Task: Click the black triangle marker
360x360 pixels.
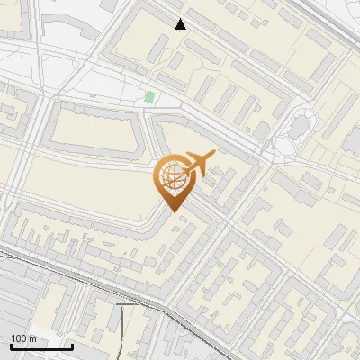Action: pyautogui.click(x=181, y=24)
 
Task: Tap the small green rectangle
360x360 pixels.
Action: pyautogui.click(x=149, y=97)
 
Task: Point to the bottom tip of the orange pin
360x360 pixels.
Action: pyautogui.click(x=172, y=212)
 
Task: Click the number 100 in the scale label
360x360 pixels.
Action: pyautogui.click(x=18, y=338)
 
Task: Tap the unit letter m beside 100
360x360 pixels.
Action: pyautogui.click(x=32, y=338)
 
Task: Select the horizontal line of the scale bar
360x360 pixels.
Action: pyautogui.click(x=41, y=346)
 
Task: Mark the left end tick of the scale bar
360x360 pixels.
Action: pyautogui.click(x=11, y=345)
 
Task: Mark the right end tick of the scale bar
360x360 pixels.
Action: pyautogui.click(x=72, y=345)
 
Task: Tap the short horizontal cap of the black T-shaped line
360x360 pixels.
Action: pyautogui.click(x=128, y=305)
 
